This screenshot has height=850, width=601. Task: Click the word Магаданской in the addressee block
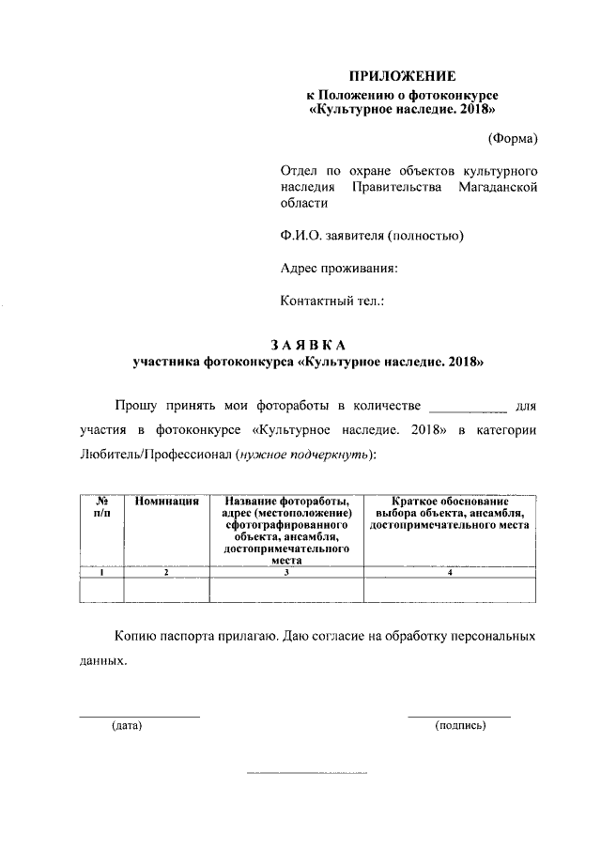(x=498, y=188)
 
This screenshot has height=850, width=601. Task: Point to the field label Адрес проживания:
(x=339, y=268)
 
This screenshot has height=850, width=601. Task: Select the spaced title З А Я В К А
(x=308, y=344)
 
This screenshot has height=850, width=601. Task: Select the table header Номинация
(x=166, y=502)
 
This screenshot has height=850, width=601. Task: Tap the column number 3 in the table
(x=285, y=572)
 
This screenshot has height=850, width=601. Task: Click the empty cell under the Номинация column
(x=166, y=589)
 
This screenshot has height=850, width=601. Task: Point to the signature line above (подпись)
(x=459, y=717)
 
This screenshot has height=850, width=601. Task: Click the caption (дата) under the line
(x=126, y=726)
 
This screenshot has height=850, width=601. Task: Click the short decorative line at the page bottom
(x=306, y=772)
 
